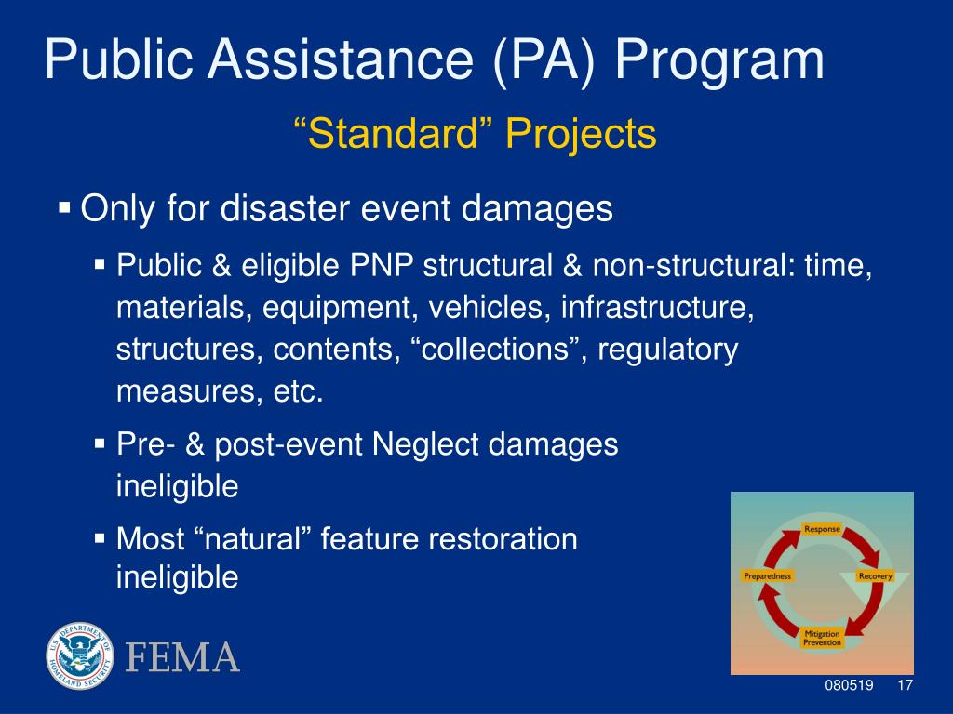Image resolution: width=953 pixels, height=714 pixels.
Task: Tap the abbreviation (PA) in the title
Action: coord(544,60)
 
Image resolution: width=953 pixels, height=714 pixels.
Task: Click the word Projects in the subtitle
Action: coord(581,136)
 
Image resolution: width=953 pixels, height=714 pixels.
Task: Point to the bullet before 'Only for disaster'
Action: coord(64,207)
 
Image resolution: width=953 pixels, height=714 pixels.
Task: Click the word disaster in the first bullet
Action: coord(285,208)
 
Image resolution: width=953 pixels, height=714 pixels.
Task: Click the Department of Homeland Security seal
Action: coord(80,655)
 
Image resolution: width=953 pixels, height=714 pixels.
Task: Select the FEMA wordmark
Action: coord(182,657)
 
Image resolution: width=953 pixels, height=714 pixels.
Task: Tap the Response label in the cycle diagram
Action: coord(822,529)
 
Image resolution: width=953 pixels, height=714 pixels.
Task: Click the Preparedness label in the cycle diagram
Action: coord(768,575)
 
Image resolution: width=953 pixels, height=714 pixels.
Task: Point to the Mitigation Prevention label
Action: coord(823,638)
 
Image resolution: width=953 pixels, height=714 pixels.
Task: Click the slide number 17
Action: coord(905,685)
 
